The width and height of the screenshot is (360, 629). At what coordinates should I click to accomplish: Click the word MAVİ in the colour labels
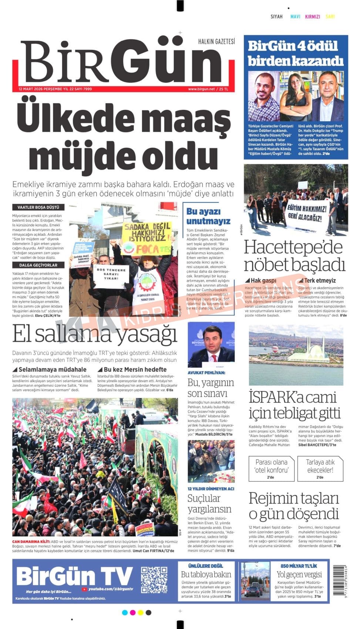(x=295, y=17)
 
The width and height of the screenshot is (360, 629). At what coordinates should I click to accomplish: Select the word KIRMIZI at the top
(x=312, y=17)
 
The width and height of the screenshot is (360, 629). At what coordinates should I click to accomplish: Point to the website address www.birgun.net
(x=201, y=89)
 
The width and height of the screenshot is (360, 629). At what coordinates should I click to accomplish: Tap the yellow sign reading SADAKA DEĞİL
(x=147, y=232)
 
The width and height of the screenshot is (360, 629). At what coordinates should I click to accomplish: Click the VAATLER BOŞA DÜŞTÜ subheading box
(x=38, y=208)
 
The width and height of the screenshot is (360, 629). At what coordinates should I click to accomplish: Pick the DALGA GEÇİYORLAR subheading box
(x=38, y=265)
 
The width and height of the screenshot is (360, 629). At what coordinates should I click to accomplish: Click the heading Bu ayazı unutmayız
(x=208, y=216)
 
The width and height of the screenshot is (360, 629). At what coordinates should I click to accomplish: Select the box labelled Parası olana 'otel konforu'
(x=271, y=468)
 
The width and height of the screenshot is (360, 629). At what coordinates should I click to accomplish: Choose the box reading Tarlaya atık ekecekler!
(x=320, y=468)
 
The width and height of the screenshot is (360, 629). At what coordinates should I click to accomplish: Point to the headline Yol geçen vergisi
(x=299, y=575)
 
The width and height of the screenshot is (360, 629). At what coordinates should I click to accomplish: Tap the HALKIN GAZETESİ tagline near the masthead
(x=216, y=41)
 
